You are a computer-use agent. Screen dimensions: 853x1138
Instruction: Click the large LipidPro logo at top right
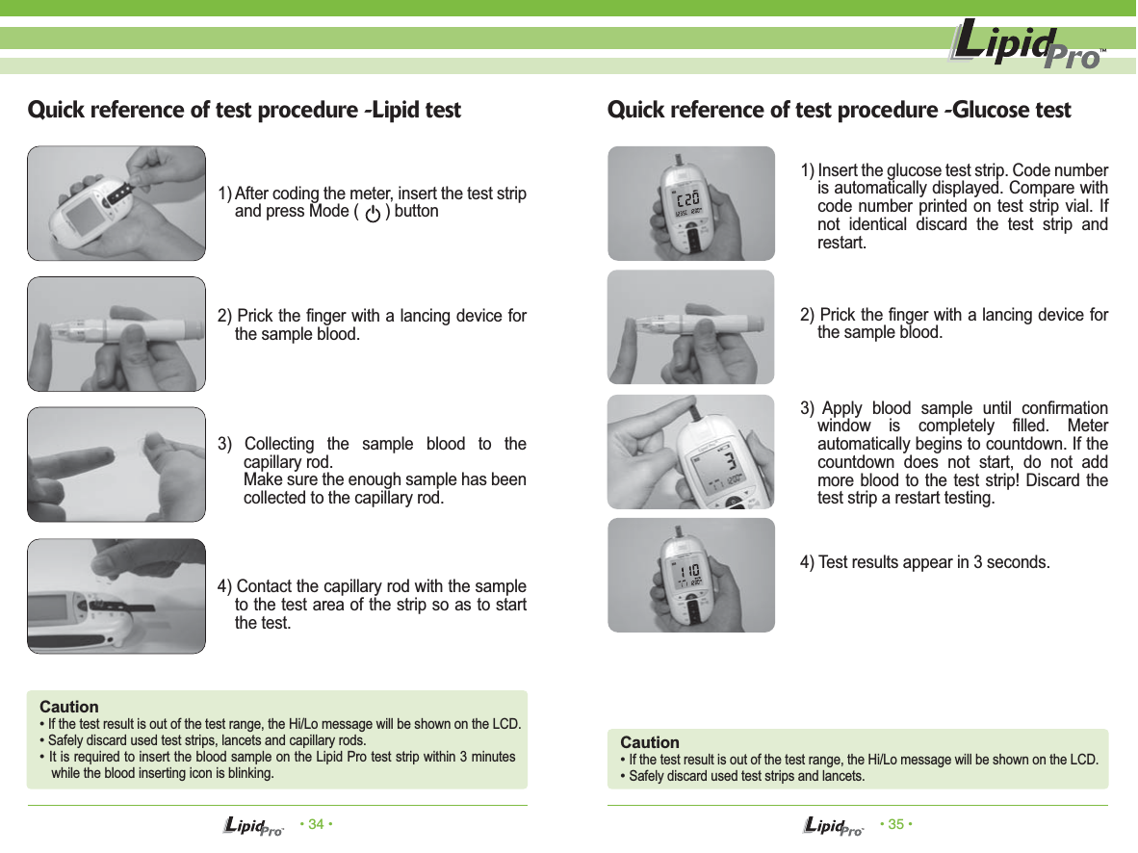coord(1025,46)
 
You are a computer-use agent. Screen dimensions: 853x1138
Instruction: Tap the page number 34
coord(317,824)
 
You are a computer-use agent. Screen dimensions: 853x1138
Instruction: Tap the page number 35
coord(895,824)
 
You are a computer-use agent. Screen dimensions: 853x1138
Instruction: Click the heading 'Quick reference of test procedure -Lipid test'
coord(245,110)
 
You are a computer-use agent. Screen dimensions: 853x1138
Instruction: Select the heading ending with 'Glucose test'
coord(839,110)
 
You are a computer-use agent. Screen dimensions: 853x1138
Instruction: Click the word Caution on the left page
coord(68,707)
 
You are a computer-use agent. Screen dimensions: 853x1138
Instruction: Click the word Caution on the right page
coord(650,742)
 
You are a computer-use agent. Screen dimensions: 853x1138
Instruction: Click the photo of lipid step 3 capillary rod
coord(116,464)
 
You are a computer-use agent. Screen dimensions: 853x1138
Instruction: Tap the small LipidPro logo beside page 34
coord(253,826)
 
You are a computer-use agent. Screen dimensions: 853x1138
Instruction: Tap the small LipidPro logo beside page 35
coord(833,826)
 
